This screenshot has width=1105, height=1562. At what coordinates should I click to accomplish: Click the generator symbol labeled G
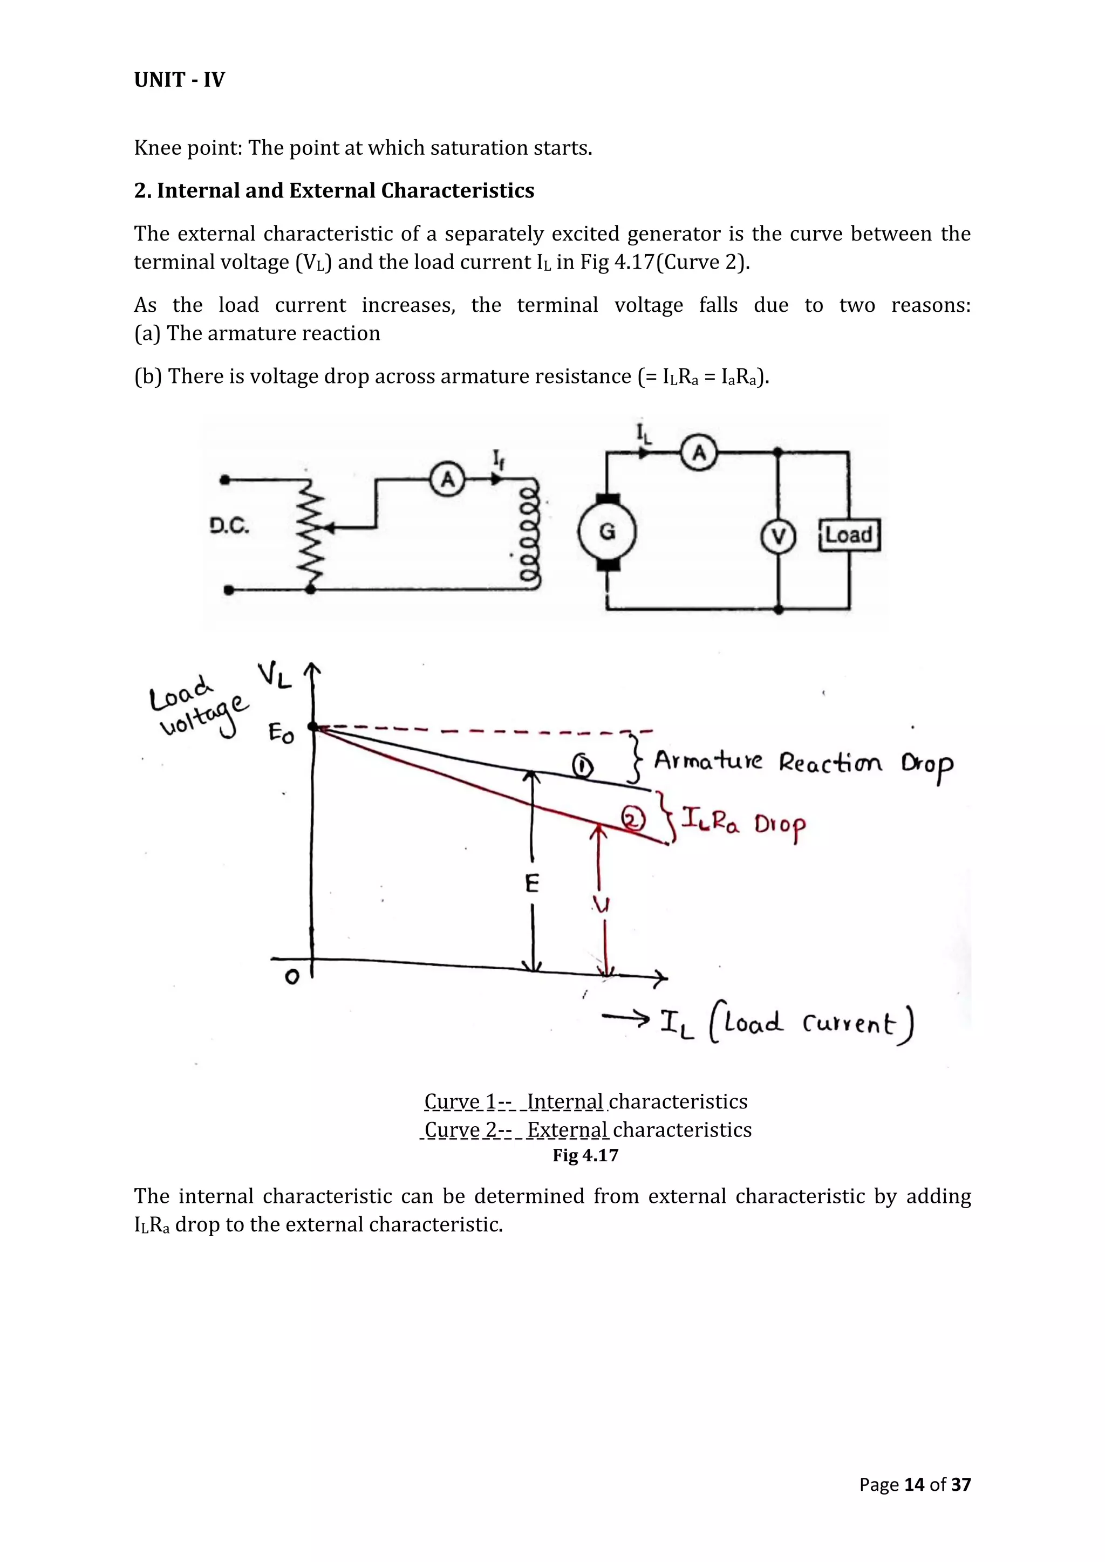[x=607, y=532]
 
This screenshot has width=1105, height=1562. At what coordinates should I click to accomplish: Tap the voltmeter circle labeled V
[x=777, y=537]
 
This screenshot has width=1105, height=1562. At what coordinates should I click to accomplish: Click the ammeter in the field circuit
[x=447, y=479]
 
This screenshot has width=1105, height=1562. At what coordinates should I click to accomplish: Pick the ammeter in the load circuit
[x=699, y=452]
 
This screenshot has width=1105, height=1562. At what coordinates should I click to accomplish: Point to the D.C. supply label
[x=229, y=526]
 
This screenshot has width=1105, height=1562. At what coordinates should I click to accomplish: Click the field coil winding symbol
[x=529, y=535]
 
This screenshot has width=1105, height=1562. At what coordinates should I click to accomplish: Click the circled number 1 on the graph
[x=582, y=767]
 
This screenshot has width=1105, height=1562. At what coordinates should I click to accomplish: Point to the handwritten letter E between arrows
[x=532, y=883]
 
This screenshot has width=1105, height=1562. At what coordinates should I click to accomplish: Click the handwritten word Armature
[x=708, y=761]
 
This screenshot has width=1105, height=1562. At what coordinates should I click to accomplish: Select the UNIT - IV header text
[x=179, y=80]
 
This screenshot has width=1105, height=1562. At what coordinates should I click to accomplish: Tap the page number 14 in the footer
[x=914, y=1484]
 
